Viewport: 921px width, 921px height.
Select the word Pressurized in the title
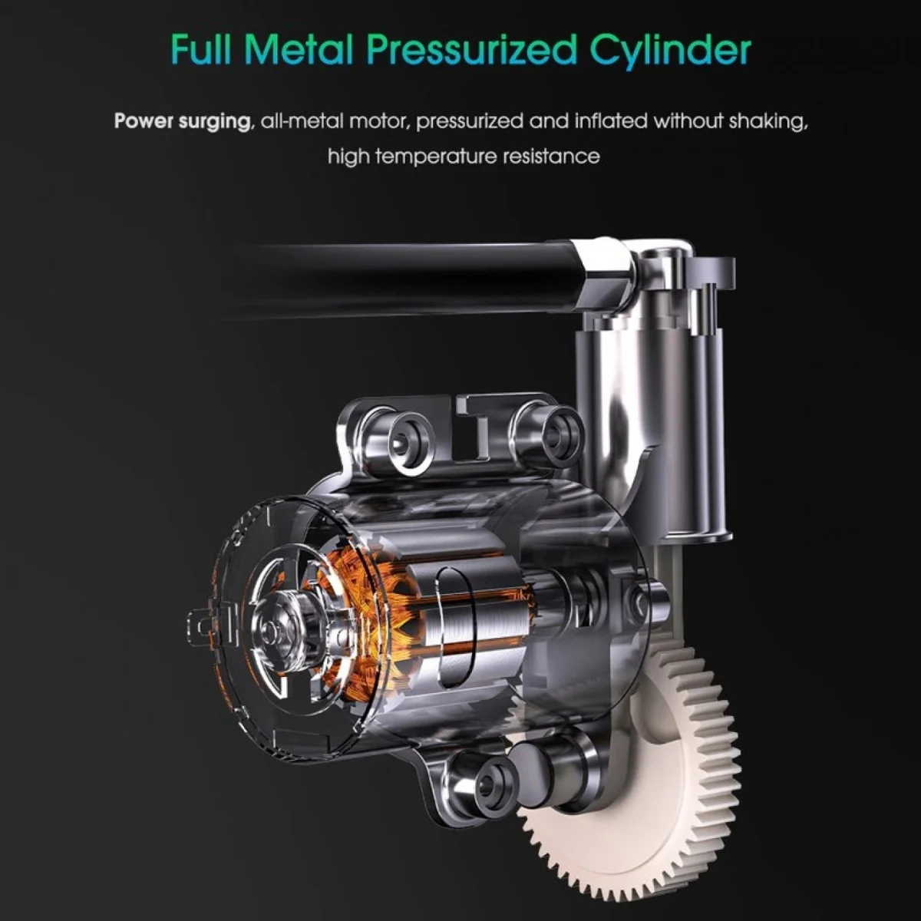click(x=470, y=51)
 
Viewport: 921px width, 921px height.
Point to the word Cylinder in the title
click(x=670, y=51)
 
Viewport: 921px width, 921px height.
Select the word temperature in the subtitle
click(x=437, y=157)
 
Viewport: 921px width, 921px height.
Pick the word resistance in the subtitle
click(x=552, y=157)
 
